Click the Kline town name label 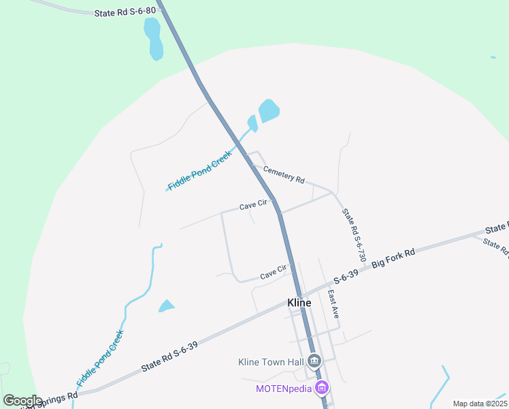pyautogui.click(x=299, y=303)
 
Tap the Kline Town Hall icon pyautogui.click(x=314, y=361)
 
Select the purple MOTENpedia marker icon pyautogui.click(x=322, y=389)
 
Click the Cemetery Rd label pyautogui.click(x=283, y=175)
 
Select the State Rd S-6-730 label pyautogui.click(x=354, y=236)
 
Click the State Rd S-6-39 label pyautogui.click(x=169, y=357)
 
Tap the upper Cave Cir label pyautogui.click(x=252, y=206)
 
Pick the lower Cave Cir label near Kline pyautogui.click(x=274, y=273)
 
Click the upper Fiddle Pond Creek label pyautogui.click(x=200, y=170)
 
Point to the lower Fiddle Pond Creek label pyautogui.click(x=101, y=359)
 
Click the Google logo pyautogui.click(x=22, y=400)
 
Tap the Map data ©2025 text pyautogui.click(x=480, y=404)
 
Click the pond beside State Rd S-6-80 pyautogui.click(x=153, y=38)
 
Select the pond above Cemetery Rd pyautogui.click(x=268, y=110)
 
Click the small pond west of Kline pyautogui.click(x=166, y=306)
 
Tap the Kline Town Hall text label pyautogui.click(x=270, y=362)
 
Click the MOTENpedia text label pyautogui.click(x=283, y=389)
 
